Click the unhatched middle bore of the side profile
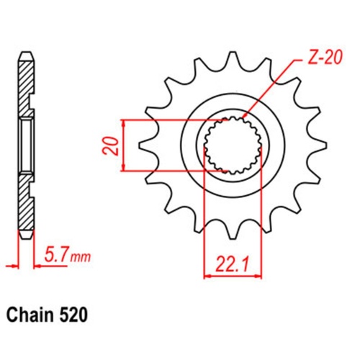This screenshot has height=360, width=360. (26, 144)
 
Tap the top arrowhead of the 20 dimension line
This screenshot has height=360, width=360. (125, 121)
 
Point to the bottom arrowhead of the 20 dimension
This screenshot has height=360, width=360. (125, 169)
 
